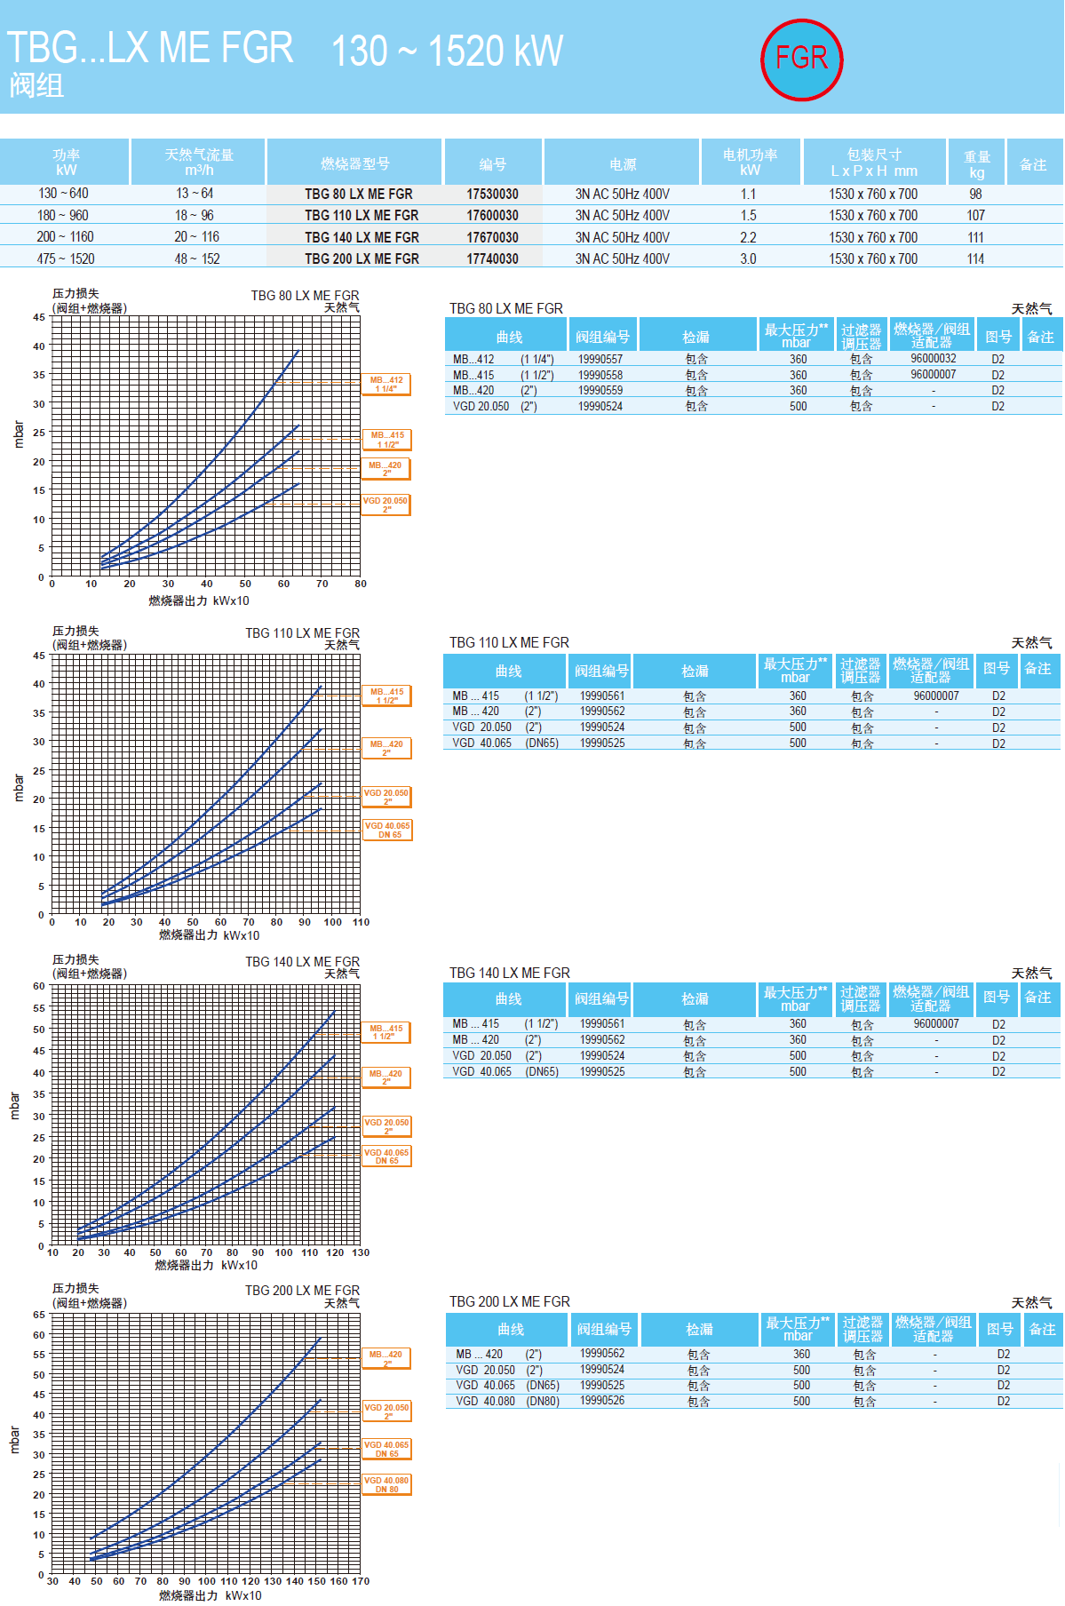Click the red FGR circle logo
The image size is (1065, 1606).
coord(801,60)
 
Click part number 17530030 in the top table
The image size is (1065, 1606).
coord(492,194)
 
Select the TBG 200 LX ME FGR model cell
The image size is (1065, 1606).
coord(362,258)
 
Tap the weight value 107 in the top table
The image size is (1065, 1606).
coord(975,215)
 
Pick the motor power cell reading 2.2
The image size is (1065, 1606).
coord(748,237)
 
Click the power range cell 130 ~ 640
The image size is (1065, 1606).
coord(63,193)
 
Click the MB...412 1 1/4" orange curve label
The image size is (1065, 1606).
coord(386,384)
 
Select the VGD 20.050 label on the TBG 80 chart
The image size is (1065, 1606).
coord(386,505)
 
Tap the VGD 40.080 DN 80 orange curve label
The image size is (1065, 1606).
coord(386,1484)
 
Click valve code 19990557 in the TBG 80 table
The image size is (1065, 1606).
coord(600,359)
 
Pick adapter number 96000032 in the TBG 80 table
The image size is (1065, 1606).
coord(933,359)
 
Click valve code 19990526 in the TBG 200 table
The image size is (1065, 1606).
coord(602,1400)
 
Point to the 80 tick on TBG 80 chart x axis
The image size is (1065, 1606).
coord(360,584)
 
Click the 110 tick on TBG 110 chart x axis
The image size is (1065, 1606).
coord(361,922)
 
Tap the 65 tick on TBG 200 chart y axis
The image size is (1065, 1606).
coord(39,1315)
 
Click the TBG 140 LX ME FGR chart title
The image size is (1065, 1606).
coord(302,962)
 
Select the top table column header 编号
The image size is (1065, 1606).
coord(493,164)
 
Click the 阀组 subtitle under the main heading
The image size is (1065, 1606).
coord(36,85)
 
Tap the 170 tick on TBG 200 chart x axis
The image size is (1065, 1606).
coord(361,1581)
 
